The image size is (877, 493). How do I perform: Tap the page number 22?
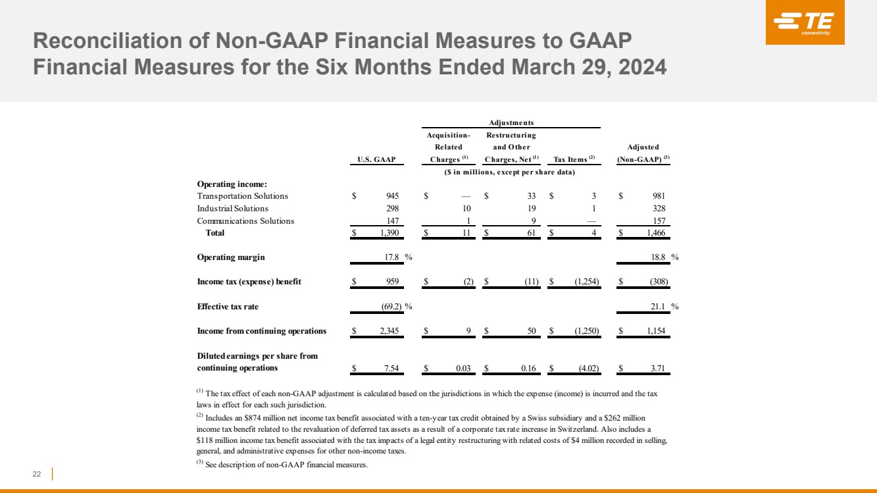coord(37,475)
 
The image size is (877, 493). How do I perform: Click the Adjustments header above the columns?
coord(511,122)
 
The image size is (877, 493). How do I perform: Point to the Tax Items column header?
coord(574,159)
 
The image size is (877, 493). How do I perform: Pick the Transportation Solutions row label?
coord(242,196)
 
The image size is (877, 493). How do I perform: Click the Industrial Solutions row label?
coord(233,209)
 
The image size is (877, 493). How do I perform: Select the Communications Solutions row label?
coord(245,221)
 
